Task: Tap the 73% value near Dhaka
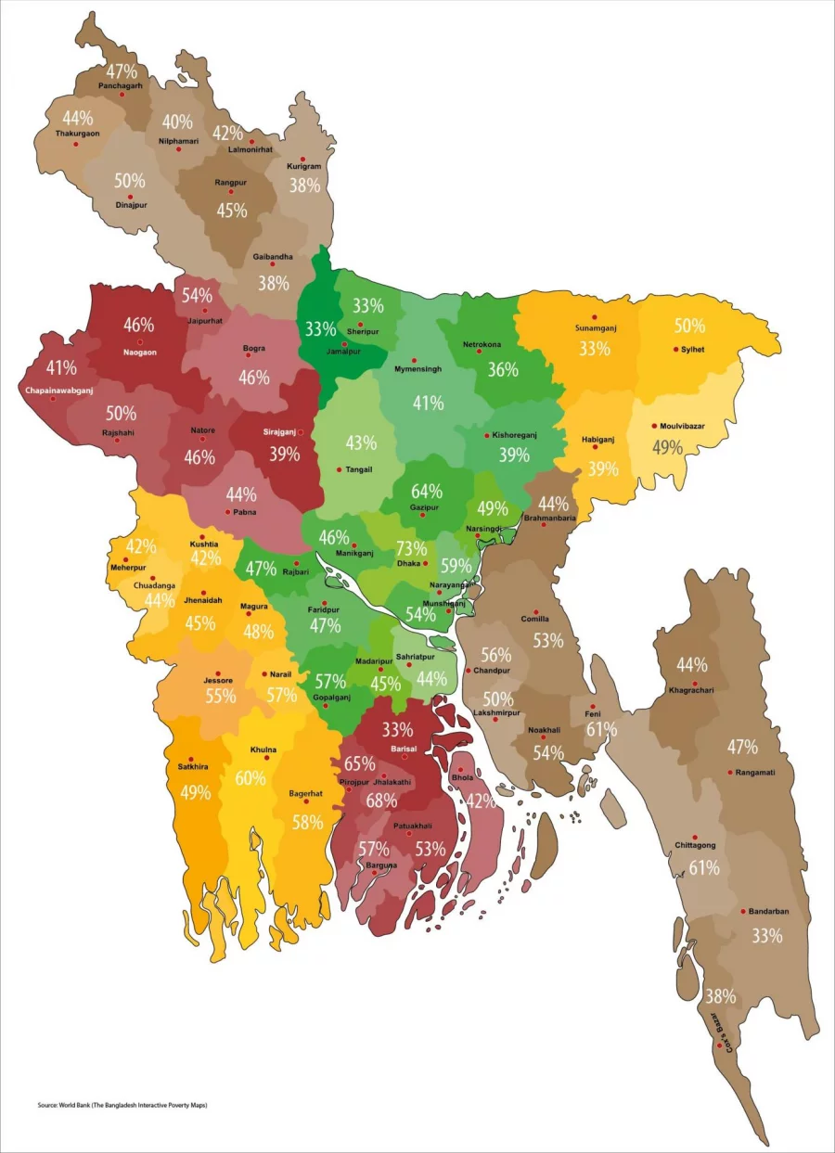[411, 548]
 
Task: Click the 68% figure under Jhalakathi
[381, 800]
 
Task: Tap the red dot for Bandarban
[743, 911]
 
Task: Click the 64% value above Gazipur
[427, 491]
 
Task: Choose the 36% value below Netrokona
[503, 369]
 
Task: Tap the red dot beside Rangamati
[731, 772]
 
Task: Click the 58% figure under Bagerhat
[307, 822]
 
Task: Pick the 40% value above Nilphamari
[177, 122]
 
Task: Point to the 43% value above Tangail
[361, 443]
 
